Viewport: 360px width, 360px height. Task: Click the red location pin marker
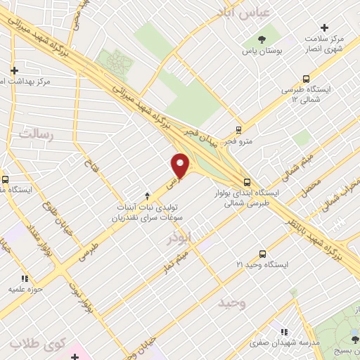[181, 165]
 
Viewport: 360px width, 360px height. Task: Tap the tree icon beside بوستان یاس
[262, 39]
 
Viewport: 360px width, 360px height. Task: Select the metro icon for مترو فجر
[238, 130]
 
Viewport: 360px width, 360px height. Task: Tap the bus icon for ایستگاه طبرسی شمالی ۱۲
[306, 79]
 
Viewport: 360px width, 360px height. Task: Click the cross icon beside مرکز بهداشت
[14, 70]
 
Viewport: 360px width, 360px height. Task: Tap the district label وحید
[231, 302]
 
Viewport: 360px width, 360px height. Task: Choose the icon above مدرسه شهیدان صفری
[284, 332]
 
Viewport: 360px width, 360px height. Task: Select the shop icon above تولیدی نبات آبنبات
[147, 195]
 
